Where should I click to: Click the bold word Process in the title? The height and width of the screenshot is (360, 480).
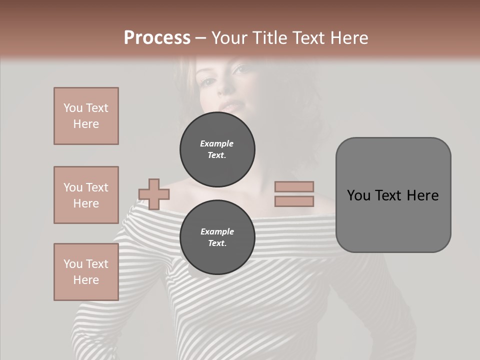157,38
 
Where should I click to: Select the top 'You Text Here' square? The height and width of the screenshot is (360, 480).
86,116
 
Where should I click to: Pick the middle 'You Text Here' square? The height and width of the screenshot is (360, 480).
86,195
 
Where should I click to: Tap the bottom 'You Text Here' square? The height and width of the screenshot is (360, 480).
86,272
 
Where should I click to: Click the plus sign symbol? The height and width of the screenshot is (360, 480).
154,194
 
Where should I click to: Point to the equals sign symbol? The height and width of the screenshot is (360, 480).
294,194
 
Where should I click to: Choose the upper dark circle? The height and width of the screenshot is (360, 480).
217,149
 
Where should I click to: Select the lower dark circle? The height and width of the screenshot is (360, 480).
217,237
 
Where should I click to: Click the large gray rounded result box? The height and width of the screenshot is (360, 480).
393,195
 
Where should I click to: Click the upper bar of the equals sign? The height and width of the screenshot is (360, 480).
294,186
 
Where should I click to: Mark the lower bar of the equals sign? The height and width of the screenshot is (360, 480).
294,201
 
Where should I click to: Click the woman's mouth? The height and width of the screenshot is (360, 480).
231,106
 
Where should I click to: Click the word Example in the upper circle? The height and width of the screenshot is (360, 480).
216,143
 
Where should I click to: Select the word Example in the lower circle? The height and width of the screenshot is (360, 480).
217,231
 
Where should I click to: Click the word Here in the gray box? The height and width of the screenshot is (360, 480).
423,195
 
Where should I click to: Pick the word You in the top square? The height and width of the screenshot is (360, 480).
72,108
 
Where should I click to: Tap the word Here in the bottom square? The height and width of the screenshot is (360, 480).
86,280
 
